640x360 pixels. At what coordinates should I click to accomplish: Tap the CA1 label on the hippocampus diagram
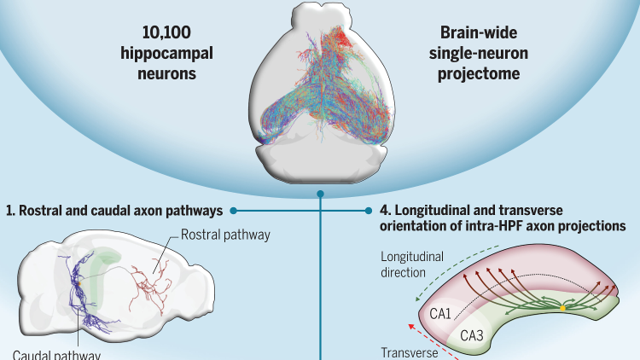tap(441, 314)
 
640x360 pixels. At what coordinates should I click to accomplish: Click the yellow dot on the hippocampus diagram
tap(562, 306)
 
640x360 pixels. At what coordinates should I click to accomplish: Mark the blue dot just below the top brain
tap(320, 195)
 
